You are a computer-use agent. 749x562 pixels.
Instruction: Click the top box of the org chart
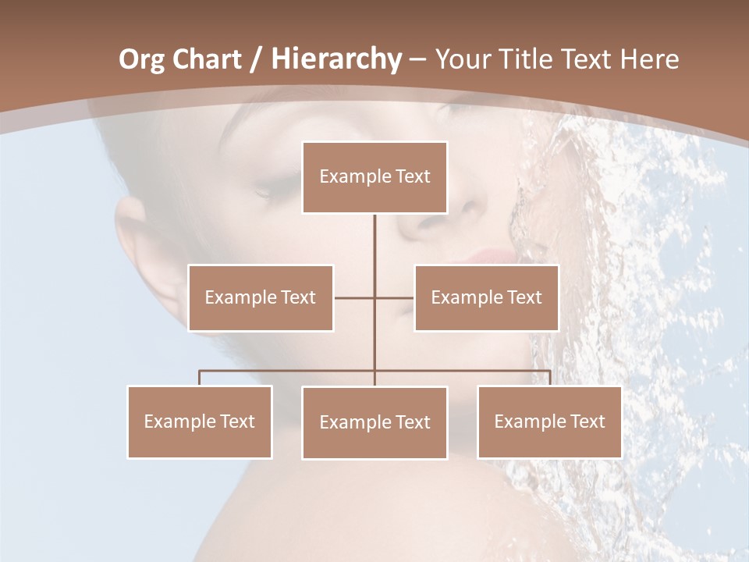374,177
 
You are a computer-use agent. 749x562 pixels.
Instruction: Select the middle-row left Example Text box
261,297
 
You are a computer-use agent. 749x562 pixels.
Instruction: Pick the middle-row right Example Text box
486,297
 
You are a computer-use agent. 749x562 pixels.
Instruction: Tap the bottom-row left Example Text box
200,421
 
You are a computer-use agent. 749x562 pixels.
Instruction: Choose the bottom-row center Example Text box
374,422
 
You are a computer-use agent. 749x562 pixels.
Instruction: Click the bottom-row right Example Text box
549,421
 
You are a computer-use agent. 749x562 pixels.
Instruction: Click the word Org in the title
141,59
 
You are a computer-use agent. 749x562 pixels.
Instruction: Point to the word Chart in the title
206,59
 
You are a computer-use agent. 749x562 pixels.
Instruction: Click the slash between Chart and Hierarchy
256,60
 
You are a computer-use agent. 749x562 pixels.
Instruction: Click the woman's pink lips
490,258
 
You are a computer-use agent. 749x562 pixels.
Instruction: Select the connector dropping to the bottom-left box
200,378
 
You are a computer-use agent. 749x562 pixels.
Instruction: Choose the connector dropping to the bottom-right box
549,378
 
